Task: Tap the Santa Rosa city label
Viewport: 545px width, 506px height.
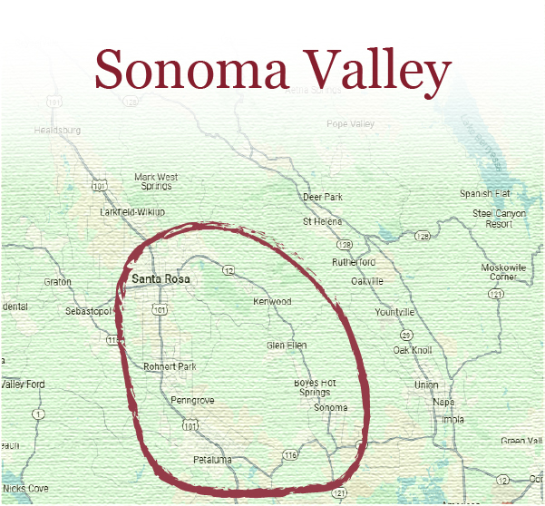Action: point(161,279)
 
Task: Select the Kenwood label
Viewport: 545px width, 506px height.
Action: point(272,301)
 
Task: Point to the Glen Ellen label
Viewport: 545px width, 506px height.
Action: point(287,345)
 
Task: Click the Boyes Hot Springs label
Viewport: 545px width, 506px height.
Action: point(315,387)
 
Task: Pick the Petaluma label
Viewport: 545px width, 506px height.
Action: point(212,460)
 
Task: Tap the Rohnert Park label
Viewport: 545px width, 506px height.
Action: point(169,367)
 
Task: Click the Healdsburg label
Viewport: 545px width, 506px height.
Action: point(57,130)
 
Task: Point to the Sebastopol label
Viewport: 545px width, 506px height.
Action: point(88,311)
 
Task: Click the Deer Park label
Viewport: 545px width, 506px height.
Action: point(323,197)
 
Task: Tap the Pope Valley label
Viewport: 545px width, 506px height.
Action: point(350,123)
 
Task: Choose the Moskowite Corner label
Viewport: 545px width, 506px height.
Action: point(503,272)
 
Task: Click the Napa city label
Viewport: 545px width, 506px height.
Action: point(443,402)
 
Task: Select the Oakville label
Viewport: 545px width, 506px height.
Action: point(367,281)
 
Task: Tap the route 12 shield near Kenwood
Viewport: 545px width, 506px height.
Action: point(229,270)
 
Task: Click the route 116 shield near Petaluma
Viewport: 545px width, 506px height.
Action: point(290,454)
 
